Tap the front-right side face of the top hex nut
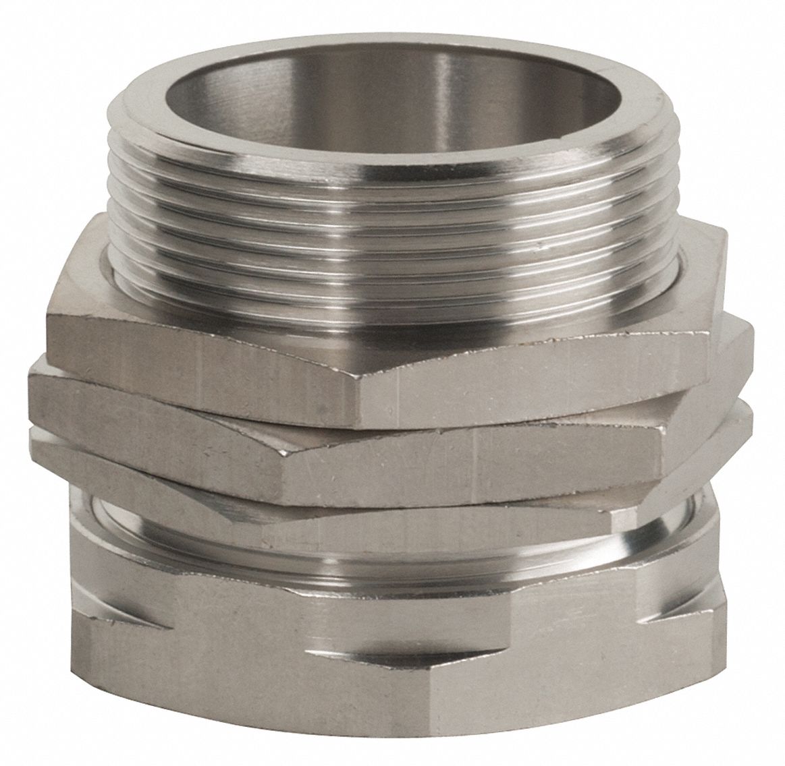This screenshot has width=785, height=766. pyautogui.click(x=540, y=378)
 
